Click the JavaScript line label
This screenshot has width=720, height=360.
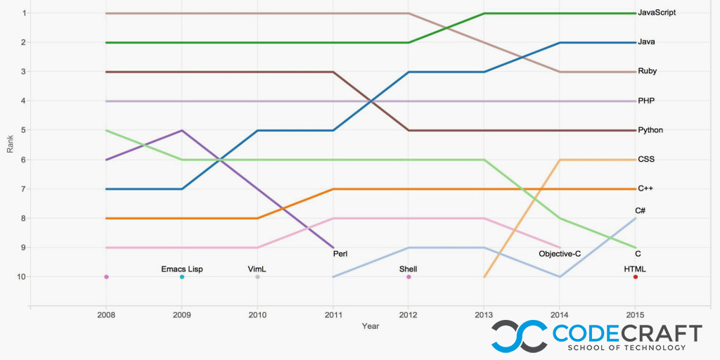pos(657,13)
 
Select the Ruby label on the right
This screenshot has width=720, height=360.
pos(647,71)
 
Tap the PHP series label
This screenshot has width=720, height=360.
pos(646,101)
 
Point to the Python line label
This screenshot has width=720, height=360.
pos(650,130)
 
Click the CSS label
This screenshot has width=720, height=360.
pos(646,160)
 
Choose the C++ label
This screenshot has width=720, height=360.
pos(645,188)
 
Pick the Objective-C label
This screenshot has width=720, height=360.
pos(560,254)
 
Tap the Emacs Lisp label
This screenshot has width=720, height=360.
pos(182,269)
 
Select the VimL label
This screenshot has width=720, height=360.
pos(257,269)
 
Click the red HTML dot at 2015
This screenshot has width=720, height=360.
pos(636,277)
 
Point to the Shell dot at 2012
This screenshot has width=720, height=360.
pos(409,277)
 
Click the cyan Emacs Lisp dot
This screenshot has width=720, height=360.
pos(182,277)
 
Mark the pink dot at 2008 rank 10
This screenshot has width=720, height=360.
pos(106,277)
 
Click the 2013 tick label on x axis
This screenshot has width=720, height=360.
pos(484,316)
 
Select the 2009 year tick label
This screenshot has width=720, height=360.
pos(182,316)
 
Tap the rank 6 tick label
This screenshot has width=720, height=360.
pos(24,160)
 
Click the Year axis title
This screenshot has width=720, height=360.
pos(371,326)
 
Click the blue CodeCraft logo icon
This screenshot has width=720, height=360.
pos(519,336)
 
